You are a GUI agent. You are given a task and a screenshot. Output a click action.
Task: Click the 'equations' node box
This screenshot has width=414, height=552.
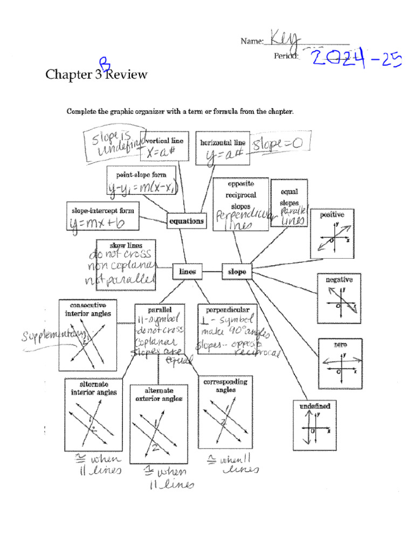pos(187,220)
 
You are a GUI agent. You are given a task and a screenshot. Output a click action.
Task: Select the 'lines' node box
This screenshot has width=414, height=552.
pos(187,272)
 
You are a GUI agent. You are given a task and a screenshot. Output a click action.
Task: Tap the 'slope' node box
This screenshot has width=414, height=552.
pos(237,272)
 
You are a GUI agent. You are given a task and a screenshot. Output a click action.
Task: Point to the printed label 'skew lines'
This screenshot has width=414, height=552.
pos(126,246)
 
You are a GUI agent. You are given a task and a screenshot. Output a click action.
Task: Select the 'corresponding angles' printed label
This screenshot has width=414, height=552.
pos(225,385)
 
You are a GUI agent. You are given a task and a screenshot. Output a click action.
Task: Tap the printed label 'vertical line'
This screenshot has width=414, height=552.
pos(165,141)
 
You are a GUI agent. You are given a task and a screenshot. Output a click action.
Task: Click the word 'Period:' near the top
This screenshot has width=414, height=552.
pos(286,56)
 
